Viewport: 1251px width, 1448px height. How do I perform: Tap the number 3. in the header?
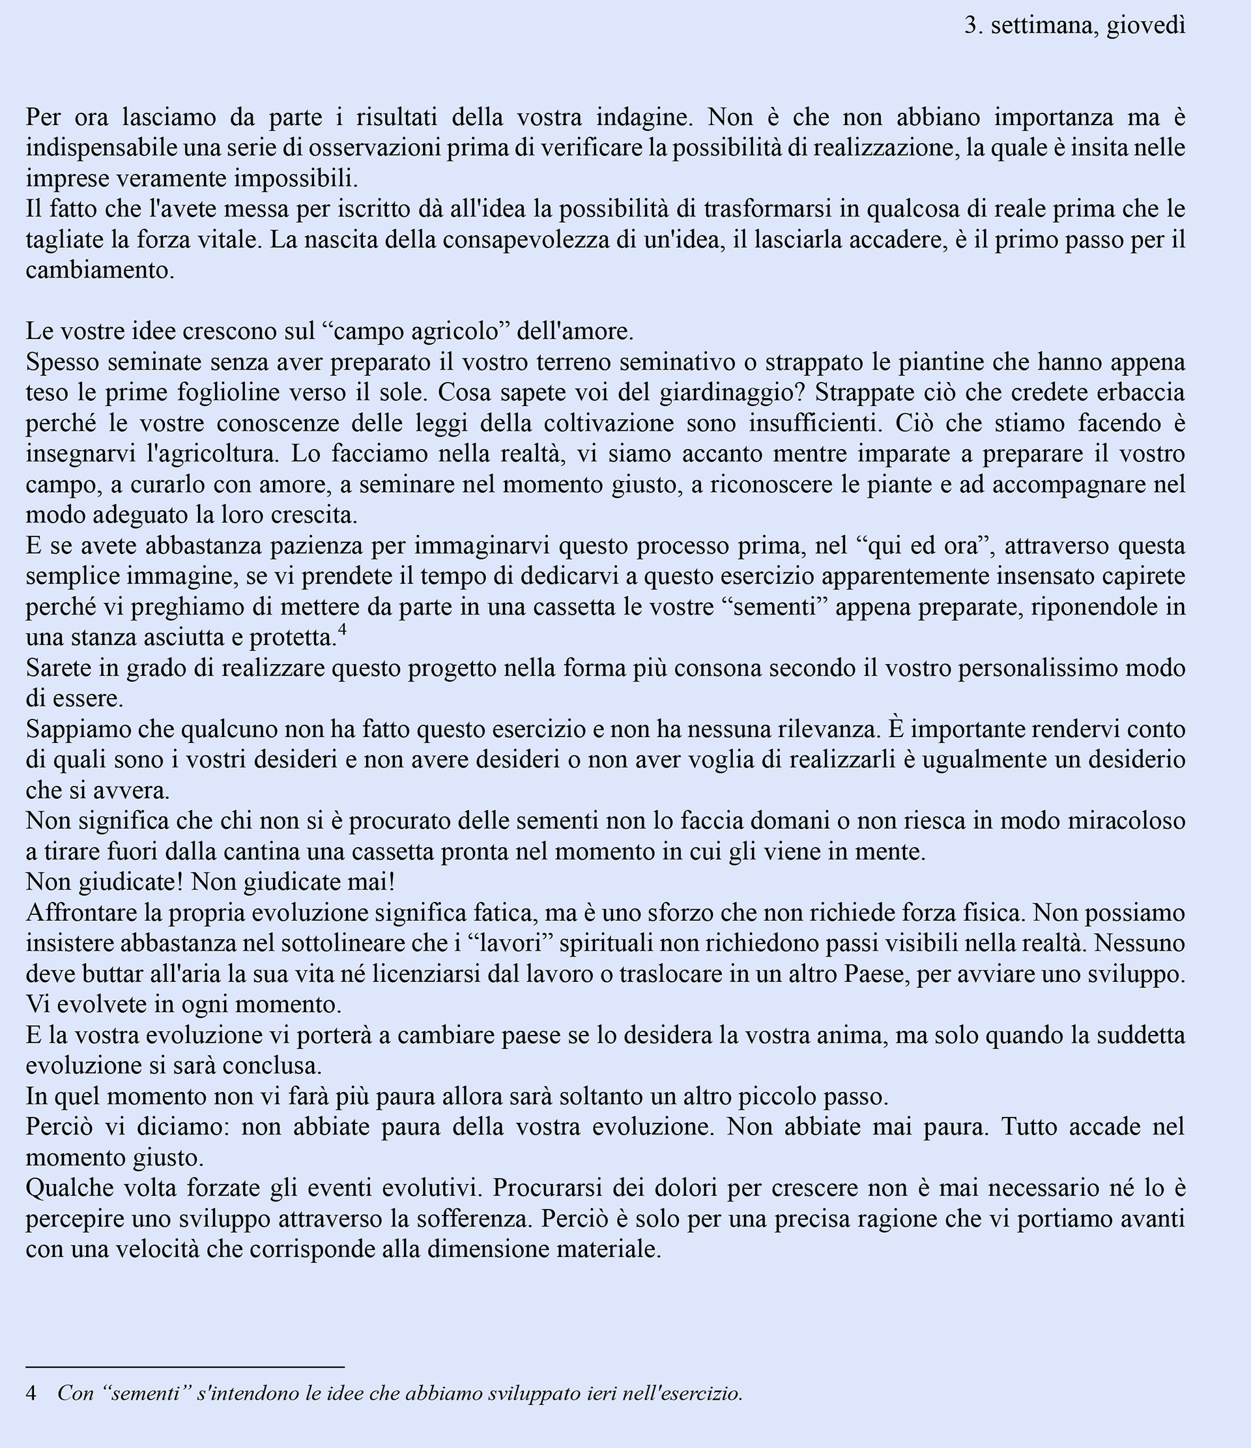973,27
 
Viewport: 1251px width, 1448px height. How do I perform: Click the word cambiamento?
100,270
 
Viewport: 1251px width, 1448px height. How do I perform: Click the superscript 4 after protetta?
342,631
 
